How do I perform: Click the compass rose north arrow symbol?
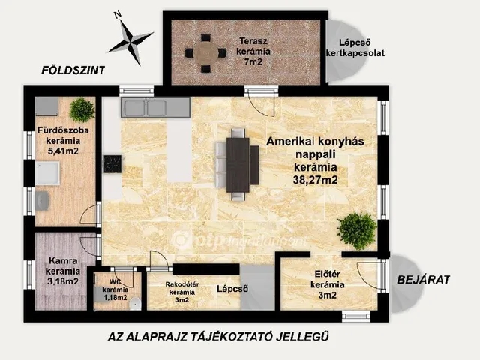[x=130, y=39]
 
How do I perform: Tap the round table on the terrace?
[x=206, y=53]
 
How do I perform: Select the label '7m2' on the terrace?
[x=253, y=61]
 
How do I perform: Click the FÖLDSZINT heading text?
[x=73, y=70]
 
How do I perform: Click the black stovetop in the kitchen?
[x=112, y=164]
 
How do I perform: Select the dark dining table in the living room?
[x=238, y=165]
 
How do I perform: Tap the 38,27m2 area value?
[x=315, y=180]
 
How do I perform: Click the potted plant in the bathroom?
[x=82, y=109]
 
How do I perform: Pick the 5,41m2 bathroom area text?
[x=63, y=151]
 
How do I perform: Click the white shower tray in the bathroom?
[x=47, y=173]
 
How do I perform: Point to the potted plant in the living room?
[x=357, y=230]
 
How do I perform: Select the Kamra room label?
[x=63, y=261]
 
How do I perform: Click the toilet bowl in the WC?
[x=135, y=303]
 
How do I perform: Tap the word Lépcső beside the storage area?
[x=232, y=288]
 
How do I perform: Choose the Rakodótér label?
[x=182, y=284]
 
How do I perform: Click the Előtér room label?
[x=328, y=274]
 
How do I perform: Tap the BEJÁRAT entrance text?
[x=423, y=280]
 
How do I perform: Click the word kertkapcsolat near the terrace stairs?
[x=355, y=53]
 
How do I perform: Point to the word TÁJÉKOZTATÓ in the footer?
[x=232, y=336]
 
